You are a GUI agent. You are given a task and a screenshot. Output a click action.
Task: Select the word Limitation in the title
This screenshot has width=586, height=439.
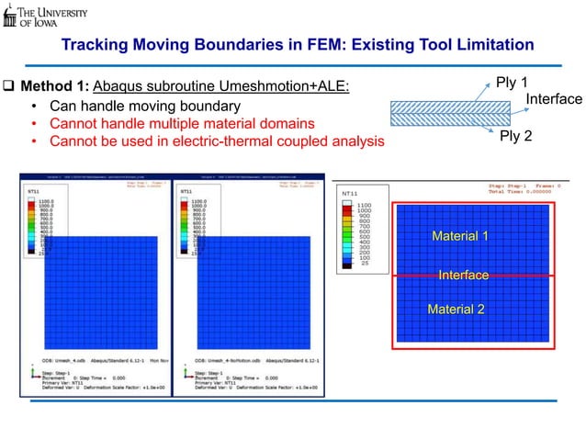490,46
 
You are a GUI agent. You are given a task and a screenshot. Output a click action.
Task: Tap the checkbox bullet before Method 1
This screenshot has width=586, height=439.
9,87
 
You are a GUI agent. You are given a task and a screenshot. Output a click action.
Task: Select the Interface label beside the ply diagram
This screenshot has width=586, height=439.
554,99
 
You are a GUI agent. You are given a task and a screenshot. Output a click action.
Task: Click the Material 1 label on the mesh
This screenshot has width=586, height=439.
459,237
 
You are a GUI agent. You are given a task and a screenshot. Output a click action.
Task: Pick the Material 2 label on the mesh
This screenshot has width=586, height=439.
456,309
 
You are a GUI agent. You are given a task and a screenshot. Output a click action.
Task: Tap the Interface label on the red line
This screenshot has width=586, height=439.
463,275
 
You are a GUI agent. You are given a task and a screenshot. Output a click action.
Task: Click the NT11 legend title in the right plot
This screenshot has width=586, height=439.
350,195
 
